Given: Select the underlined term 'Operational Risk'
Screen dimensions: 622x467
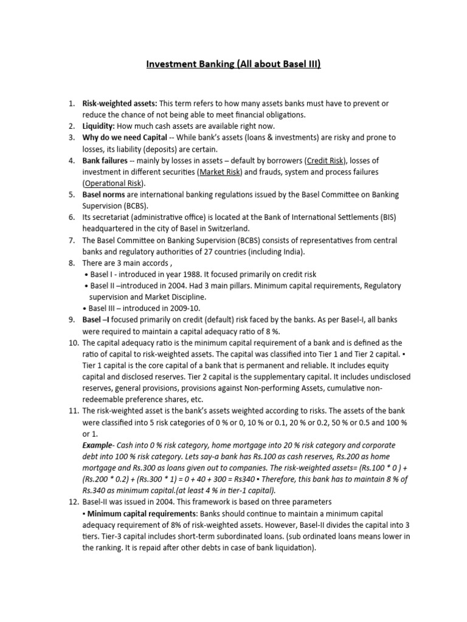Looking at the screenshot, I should coord(113,183).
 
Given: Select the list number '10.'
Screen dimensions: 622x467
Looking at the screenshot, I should coord(71,343).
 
